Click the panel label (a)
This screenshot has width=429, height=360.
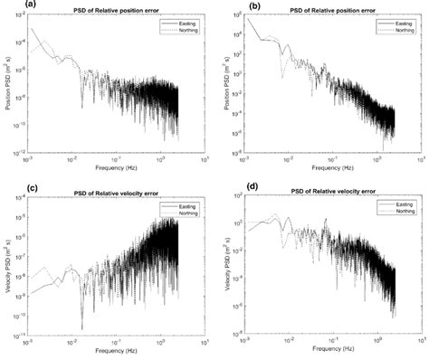pos(7,5)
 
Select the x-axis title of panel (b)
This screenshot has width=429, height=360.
pos(329,168)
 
